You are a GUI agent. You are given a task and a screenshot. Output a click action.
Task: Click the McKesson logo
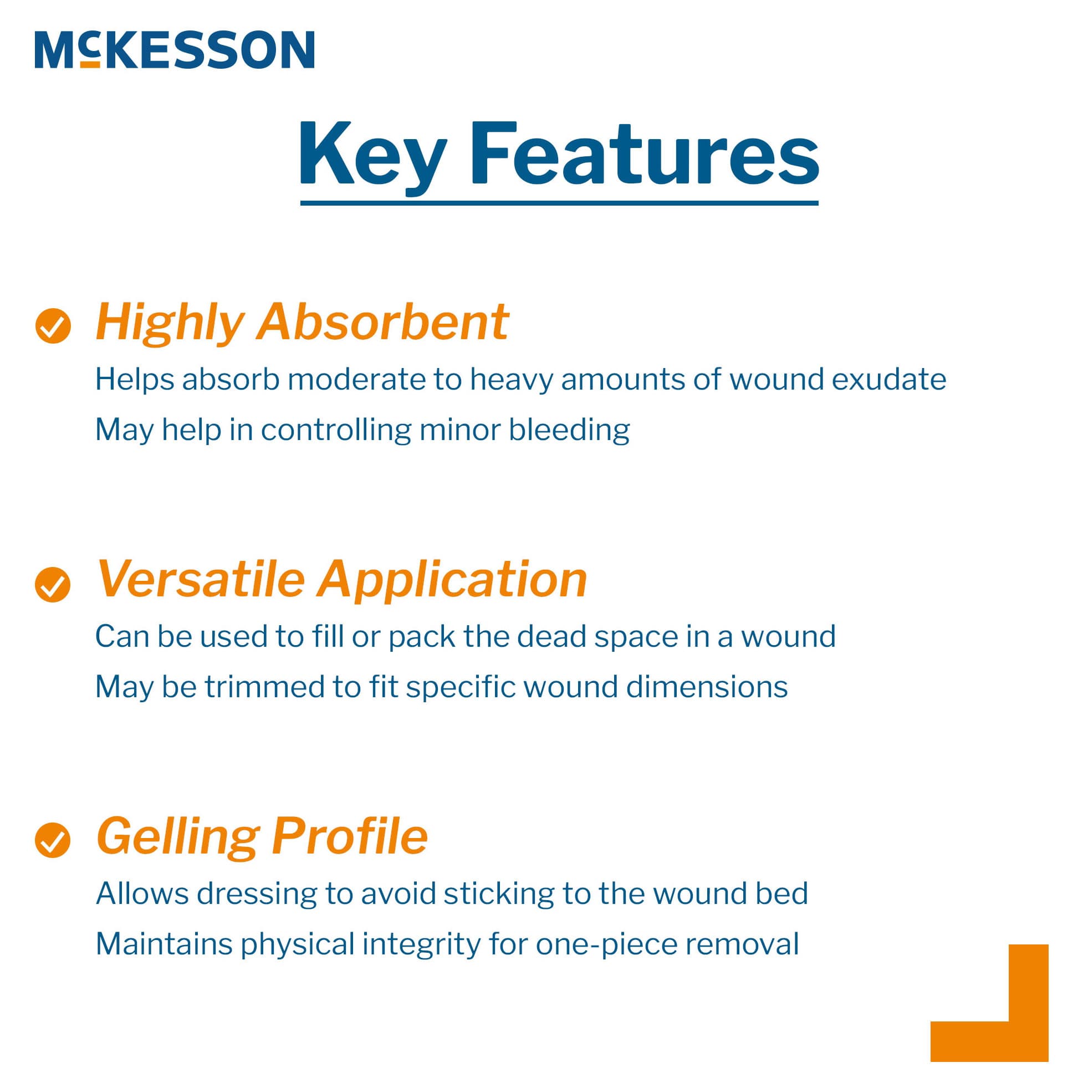174,50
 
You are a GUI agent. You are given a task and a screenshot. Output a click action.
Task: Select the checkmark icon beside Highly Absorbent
53,326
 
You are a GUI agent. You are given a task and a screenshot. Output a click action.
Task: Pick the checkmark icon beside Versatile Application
53,585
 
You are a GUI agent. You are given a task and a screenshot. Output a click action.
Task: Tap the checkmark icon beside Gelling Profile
53,840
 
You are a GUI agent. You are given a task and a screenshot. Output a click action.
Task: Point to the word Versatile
200,579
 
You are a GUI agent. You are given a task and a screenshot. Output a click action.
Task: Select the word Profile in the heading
350,836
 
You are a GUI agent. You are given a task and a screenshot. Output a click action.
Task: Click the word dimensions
706,687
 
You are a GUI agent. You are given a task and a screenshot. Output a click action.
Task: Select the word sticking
499,893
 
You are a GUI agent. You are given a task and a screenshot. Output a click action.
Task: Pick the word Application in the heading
452,580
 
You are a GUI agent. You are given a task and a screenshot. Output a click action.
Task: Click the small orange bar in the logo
90,64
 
